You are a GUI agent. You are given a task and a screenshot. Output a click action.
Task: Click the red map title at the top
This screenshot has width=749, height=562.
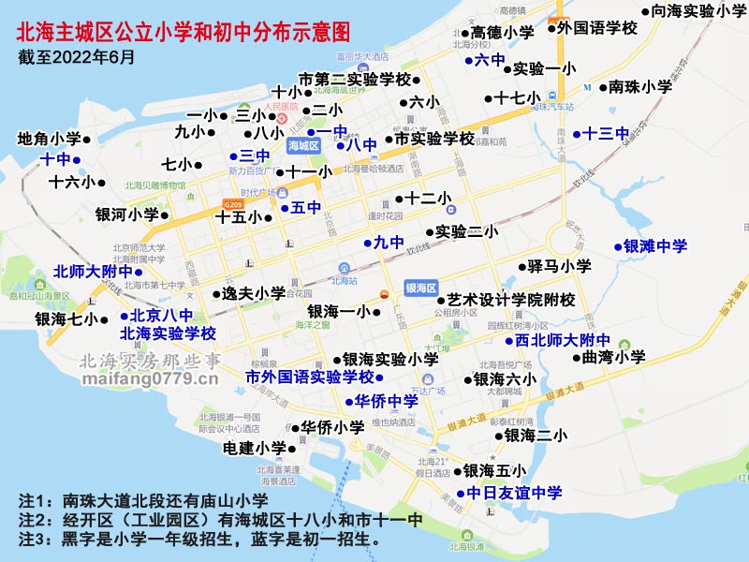pyautogui.click(x=184, y=33)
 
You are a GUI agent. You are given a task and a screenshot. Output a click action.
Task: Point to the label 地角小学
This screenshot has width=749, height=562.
pyautogui.click(x=49, y=139)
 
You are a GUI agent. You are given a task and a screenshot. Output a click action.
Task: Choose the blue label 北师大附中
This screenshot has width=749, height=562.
pyautogui.click(x=93, y=273)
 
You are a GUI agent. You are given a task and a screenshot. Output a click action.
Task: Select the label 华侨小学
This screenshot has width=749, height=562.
pyautogui.click(x=332, y=427)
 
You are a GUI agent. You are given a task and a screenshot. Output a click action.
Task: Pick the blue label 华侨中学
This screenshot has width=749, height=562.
pyautogui.click(x=387, y=401)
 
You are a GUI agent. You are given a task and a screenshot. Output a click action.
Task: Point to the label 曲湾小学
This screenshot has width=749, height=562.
pyautogui.click(x=613, y=357)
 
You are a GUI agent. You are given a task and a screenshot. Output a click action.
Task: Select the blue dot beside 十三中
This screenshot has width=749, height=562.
pyautogui.click(x=577, y=134)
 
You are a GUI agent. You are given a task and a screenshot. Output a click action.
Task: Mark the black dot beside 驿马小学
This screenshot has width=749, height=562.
pyautogui.click(x=523, y=267)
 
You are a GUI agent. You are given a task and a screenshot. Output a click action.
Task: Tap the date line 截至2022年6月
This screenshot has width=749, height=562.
pyautogui.click(x=76, y=57)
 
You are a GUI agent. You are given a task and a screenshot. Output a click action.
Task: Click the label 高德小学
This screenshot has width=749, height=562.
pyautogui.click(x=502, y=32)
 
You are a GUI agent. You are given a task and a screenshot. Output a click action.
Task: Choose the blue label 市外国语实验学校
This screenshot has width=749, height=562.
pyautogui.click(x=309, y=377)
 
